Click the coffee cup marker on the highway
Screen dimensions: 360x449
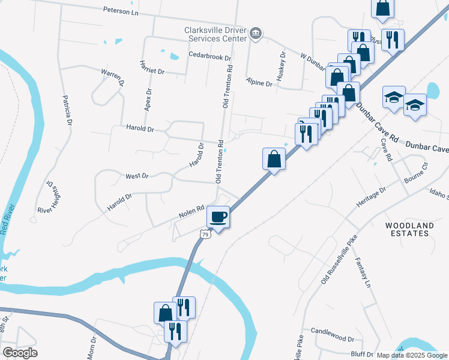[218, 217]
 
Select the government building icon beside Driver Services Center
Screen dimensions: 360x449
[256, 33]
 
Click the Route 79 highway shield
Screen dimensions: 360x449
[205, 234]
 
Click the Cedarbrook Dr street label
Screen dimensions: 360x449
[210, 57]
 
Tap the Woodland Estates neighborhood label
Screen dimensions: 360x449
[409, 229]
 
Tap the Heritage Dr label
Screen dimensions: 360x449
[370, 198]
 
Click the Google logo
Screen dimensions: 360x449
[20, 353]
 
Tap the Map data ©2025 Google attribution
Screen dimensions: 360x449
[412, 355]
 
